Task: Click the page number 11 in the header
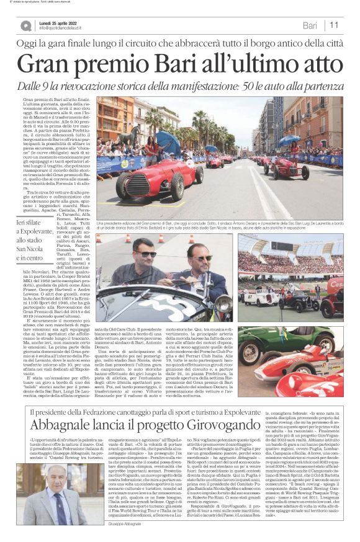(x=334, y=25)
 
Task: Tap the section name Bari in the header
(x=310, y=25)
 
